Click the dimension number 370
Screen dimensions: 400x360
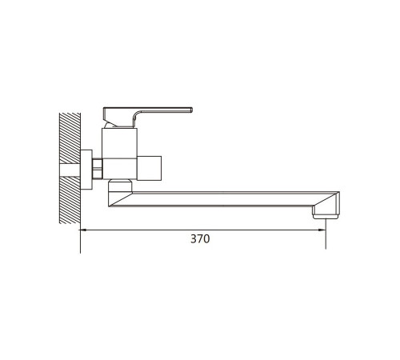tap(200, 238)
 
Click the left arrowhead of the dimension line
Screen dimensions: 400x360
tap(83, 230)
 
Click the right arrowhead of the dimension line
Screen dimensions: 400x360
tap(322, 230)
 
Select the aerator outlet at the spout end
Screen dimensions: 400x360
tap(326, 217)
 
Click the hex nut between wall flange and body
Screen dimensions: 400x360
tap(98, 168)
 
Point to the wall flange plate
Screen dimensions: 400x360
tap(86, 170)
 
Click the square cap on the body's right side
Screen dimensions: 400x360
tap(149, 168)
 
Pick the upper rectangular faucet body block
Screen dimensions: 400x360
tap(119, 143)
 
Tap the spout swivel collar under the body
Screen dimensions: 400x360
tap(120, 186)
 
